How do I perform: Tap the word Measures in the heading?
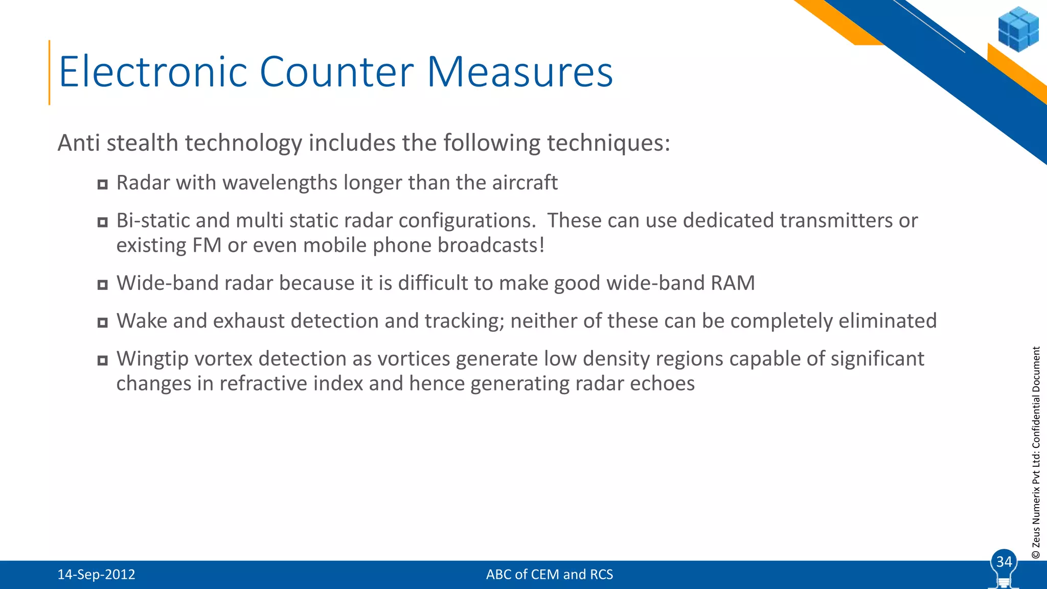coord(519,72)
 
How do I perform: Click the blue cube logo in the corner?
coord(1018,29)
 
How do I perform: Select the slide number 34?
coord(1004,562)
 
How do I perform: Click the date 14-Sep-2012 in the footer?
coord(96,575)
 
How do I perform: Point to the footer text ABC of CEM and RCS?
coord(549,575)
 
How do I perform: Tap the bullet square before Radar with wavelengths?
coord(103,185)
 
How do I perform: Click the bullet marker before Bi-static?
coord(103,222)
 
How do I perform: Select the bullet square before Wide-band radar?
coord(103,285)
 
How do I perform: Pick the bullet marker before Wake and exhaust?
coord(103,323)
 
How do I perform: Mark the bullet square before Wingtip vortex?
coord(103,360)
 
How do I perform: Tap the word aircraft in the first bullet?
coord(525,183)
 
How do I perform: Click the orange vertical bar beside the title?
coord(50,73)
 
